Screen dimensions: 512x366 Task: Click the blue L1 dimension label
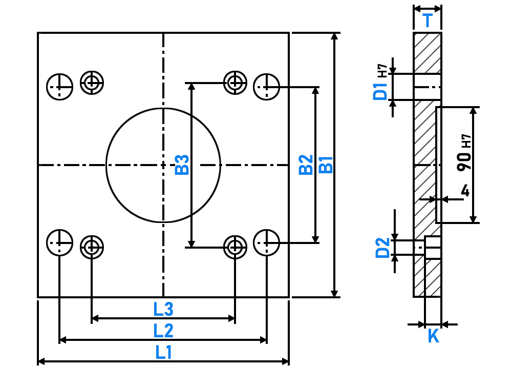[x=163, y=352]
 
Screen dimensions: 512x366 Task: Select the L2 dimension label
[x=163, y=331]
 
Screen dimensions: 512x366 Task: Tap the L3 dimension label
[x=163, y=309]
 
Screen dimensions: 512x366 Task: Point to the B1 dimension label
[x=326, y=165]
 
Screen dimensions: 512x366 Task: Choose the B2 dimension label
[x=306, y=165]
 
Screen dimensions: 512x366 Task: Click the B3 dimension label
[x=182, y=165]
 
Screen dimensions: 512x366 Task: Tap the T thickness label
[x=428, y=21]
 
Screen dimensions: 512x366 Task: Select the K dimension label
[x=433, y=336]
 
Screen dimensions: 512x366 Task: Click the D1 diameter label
[x=380, y=91]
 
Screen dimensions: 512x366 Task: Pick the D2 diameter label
[x=382, y=248]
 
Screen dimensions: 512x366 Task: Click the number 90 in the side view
[x=464, y=161]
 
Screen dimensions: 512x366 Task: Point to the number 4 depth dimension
[x=465, y=191]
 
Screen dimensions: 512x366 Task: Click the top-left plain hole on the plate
[x=59, y=87]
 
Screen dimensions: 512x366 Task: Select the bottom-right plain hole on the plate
[x=266, y=243]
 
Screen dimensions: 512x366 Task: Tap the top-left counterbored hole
[x=92, y=83]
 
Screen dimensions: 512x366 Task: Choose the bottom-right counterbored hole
[x=235, y=247]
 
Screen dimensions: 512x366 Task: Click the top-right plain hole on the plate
[x=266, y=87]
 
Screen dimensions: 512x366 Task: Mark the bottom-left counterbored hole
[x=92, y=247]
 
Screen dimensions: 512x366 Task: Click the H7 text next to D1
[x=382, y=71]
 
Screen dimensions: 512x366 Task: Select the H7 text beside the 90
[x=467, y=141]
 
